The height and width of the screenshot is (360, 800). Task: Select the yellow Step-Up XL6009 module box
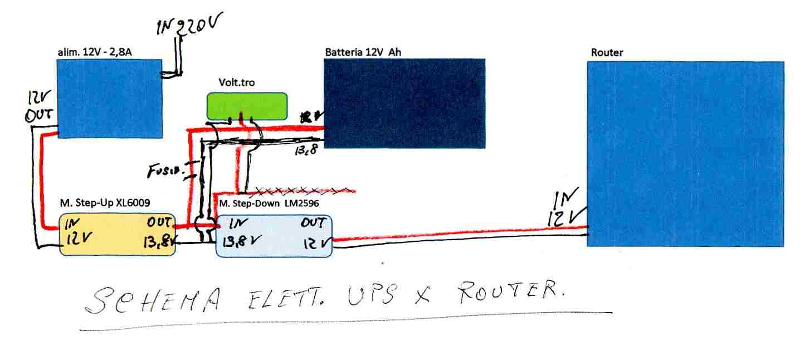[x=118, y=235]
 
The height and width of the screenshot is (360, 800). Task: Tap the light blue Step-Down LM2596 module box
[x=274, y=236]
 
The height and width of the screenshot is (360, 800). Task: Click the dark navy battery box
[x=404, y=103]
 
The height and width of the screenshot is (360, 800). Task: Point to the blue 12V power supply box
[x=110, y=98]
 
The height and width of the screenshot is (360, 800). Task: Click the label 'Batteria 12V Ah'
[x=363, y=52]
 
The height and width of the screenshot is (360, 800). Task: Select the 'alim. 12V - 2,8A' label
[x=94, y=52]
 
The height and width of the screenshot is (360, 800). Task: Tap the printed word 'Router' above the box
[x=607, y=52]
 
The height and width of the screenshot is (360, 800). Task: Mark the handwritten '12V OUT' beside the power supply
[x=40, y=106]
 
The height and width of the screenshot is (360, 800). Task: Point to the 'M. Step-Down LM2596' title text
[x=269, y=204]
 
